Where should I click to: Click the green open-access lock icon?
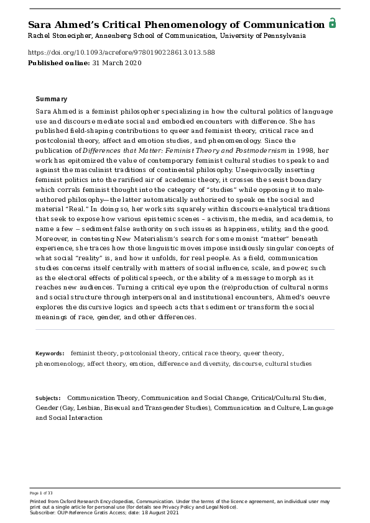tap(332, 24)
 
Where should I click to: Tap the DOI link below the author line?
tap(122, 53)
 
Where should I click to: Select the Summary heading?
tap(52, 99)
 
